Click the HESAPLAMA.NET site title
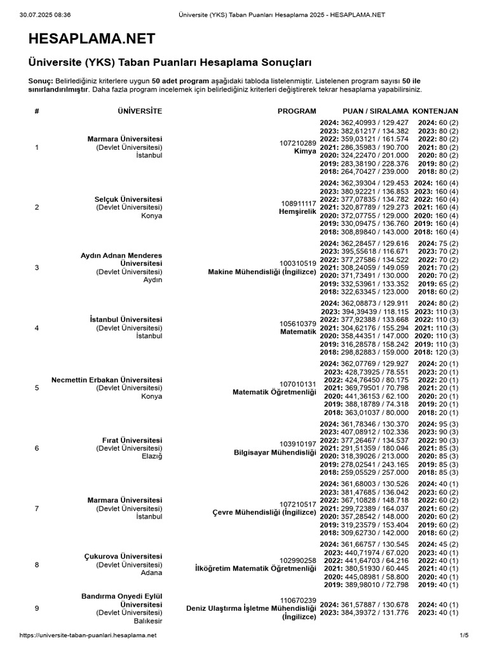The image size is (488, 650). (x=91, y=39)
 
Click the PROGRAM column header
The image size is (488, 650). (x=297, y=111)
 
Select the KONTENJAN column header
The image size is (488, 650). (x=436, y=111)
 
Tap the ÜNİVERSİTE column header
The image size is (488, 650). (x=140, y=111)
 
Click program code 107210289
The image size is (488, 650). (x=298, y=143)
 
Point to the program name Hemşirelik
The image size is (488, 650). (x=299, y=211)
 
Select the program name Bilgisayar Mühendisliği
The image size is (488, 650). (x=275, y=453)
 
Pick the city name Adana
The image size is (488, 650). (x=151, y=573)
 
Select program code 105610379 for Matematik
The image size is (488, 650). (x=298, y=324)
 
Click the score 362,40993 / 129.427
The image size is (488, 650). (x=371, y=122)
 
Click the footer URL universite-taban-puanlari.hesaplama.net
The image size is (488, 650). (x=88, y=635)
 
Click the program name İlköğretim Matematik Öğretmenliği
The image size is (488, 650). (x=255, y=569)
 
